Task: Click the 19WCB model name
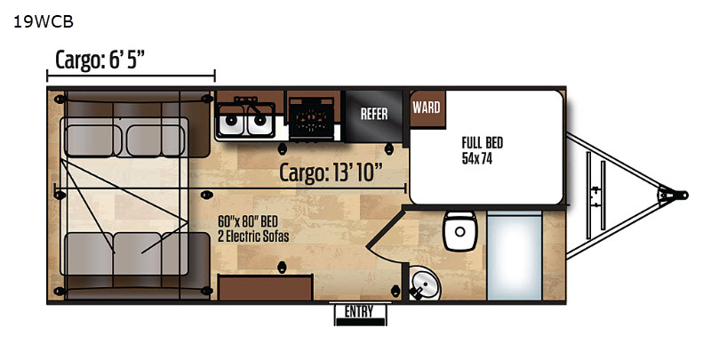(44, 22)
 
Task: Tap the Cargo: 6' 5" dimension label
(100, 60)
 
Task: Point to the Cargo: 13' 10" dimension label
(331, 172)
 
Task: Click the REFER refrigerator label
(374, 114)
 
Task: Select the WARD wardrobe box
(427, 108)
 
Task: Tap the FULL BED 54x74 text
(483, 150)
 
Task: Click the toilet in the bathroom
(459, 230)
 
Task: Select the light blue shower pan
(515, 255)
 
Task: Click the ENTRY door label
(359, 312)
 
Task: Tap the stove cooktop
(312, 119)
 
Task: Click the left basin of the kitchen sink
(231, 120)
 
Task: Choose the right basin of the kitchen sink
(260, 120)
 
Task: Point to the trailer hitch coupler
(674, 195)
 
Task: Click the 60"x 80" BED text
(248, 221)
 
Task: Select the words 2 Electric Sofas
(253, 236)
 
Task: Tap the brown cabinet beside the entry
(265, 287)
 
